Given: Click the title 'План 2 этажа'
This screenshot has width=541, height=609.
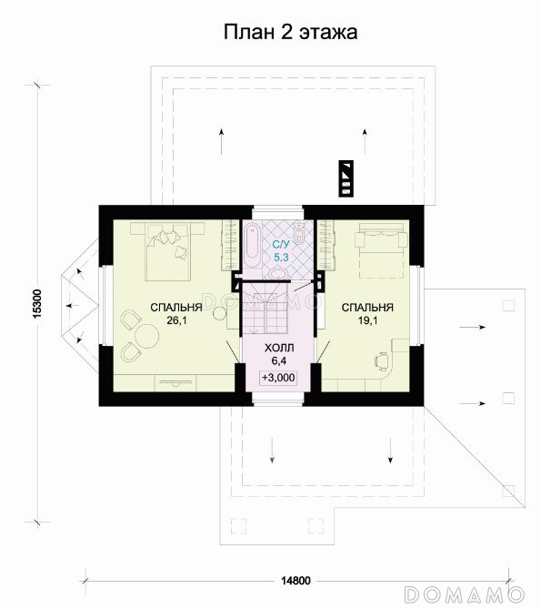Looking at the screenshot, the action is (x=290, y=32).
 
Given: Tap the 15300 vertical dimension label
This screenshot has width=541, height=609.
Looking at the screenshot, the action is (x=37, y=304).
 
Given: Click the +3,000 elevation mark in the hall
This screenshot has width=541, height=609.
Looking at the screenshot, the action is (x=278, y=378).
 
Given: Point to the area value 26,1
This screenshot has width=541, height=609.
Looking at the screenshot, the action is (x=176, y=320).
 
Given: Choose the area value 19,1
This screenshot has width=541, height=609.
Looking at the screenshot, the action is (x=367, y=320).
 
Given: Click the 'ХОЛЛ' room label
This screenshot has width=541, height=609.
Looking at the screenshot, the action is (x=279, y=348).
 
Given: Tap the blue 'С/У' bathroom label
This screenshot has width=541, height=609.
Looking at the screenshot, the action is (x=281, y=244).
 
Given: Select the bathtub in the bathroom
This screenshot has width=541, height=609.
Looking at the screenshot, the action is (x=253, y=245).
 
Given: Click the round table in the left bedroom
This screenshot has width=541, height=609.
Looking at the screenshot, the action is (x=146, y=336).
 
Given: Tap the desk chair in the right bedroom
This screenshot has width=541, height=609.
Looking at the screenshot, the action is (x=381, y=360).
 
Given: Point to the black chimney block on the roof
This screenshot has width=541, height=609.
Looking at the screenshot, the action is (x=346, y=178).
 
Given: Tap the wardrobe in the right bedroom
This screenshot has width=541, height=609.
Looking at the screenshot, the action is (x=326, y=244).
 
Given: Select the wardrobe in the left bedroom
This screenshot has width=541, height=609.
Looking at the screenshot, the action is (x=229, y=245).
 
